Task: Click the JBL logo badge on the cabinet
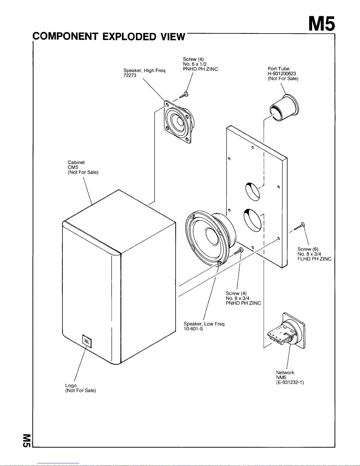click(87, 341)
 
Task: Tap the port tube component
click(284, 108)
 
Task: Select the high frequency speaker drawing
click(179, 122)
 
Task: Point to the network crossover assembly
click(286, 331)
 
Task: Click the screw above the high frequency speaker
click(184, 95)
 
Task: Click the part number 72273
click(130, 76)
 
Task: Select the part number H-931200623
click(282, 74)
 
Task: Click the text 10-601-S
click(193, 329)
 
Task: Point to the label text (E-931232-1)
click(290, 383)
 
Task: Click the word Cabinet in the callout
click(76, 162)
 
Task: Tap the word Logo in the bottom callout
click(71, 385)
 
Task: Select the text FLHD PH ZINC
click(314, 259)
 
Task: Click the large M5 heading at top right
click(322, 24)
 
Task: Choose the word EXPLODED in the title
click(129, 37)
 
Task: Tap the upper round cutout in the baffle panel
click(252, 191)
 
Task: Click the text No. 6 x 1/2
click(195, 64)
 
